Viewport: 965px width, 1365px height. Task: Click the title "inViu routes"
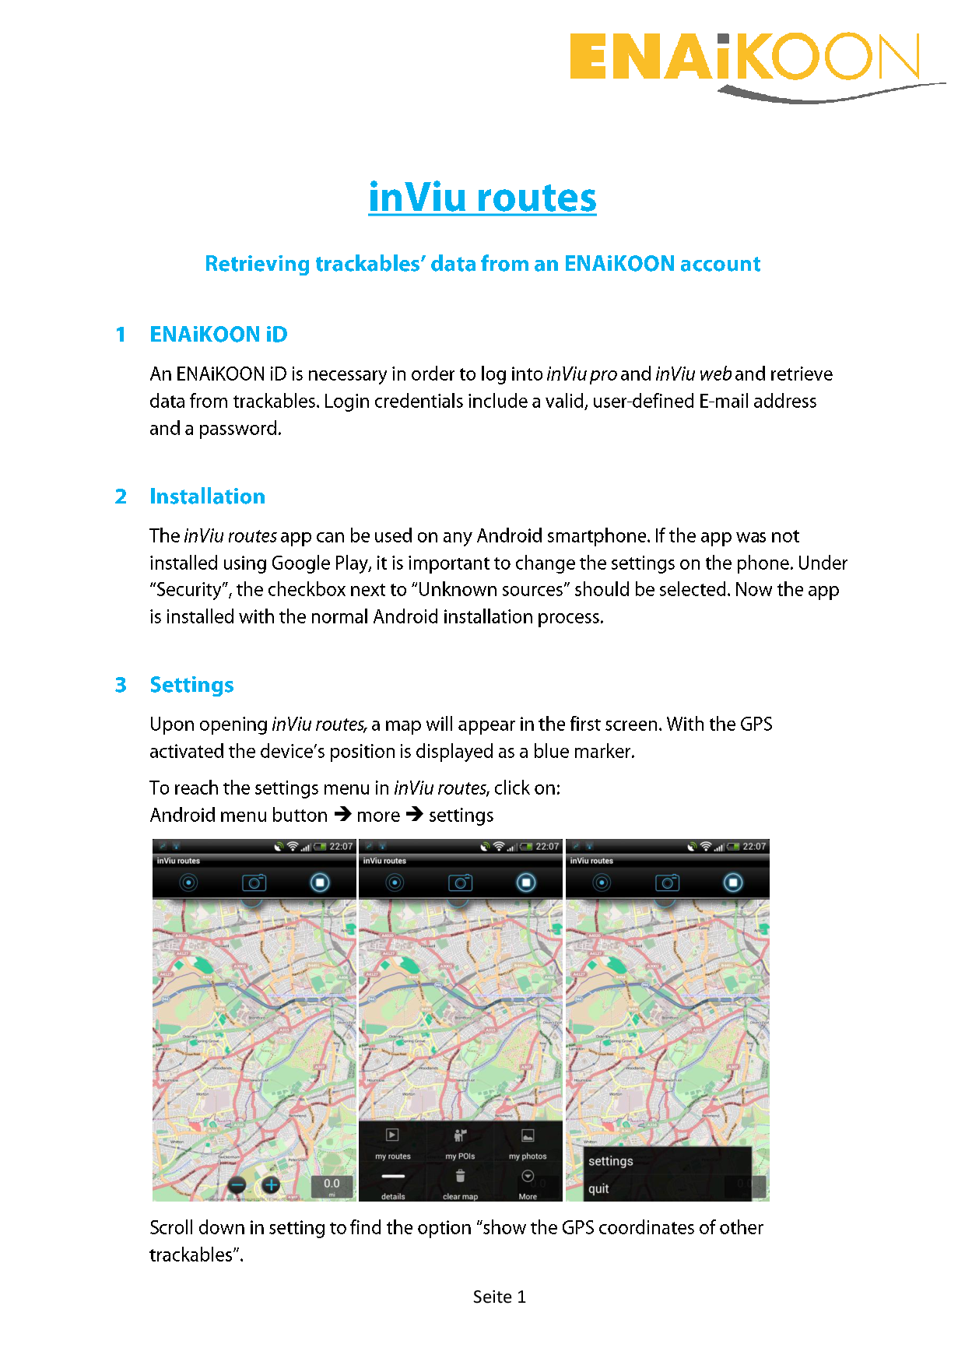[482, 198]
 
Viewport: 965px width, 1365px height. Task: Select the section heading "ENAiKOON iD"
[219, 335]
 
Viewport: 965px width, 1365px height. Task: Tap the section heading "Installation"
[207, 497]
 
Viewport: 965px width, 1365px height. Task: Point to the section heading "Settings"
[191, 685]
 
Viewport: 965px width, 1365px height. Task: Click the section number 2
[121, 497]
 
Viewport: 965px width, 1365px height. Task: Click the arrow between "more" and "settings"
[415, 814]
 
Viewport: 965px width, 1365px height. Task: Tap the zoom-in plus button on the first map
[271, 1185]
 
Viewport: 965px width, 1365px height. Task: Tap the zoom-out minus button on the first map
[238, 1185]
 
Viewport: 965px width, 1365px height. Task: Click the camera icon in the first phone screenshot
[254, 883]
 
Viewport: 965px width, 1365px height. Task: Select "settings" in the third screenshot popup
[611, 1161]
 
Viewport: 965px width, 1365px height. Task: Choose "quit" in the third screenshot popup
[598, 1188]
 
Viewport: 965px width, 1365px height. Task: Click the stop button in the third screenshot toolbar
[733, 883]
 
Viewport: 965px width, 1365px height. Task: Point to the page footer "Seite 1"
[499, 1297]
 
